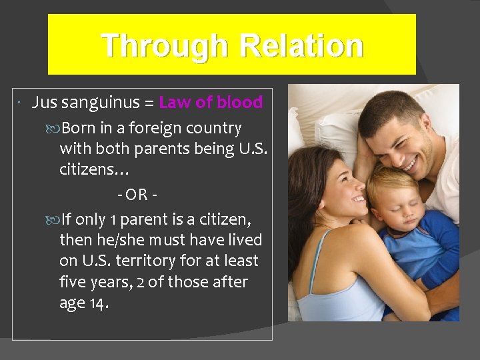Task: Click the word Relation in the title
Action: click(301, 47)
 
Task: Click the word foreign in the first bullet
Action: click(141, 128)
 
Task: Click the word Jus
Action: click(44, 103)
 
